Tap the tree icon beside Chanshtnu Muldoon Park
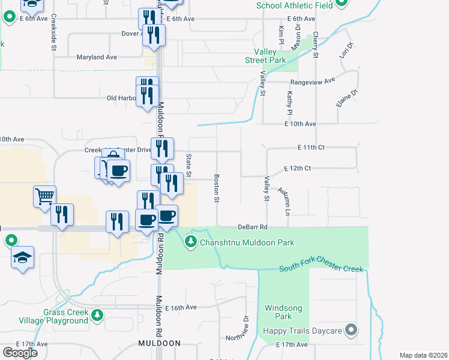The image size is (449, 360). click(x=191, y=242)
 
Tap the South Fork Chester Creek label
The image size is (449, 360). click(x=321, y=268)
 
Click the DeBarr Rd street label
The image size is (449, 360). click(x=252, y=227)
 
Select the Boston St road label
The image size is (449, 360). click(x=216, y=188)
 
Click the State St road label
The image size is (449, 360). click(x=188, y=166)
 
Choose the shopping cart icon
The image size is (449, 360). click(x=45, y=196)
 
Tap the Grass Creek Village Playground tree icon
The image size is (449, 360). click(x=97, y=314)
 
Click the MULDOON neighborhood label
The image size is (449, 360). click(x=159, y=343)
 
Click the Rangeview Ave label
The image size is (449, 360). click(x=312, y=82)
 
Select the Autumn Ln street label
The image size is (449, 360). click(x=283, y=201)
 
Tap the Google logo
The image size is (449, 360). click(x=20, y=352)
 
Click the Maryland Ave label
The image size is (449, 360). click(x=97, y=58)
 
